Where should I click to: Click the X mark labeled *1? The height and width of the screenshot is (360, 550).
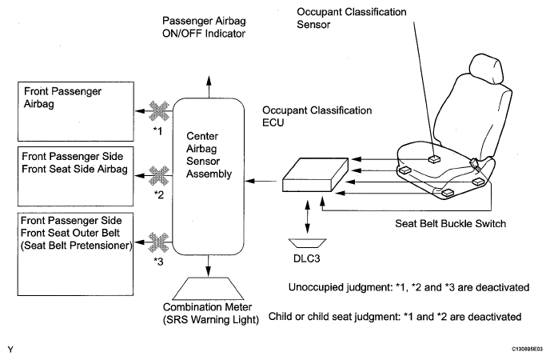[x=159, y=111]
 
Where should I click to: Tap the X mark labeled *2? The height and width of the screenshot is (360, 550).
[x=159, y=175]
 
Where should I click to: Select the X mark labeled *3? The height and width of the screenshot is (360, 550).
[x=159, y=242]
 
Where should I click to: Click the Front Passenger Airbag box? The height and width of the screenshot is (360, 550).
[x=76, y=111]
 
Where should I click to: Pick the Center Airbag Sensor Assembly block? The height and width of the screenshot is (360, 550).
[x=209, y=177]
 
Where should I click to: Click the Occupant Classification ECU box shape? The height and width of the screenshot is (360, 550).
[x=315, y=174]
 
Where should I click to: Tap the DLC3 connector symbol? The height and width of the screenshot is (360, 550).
[x=307, y=243]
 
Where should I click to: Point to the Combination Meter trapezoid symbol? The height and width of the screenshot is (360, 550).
[x=209, y=289]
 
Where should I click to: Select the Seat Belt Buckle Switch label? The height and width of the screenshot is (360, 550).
[x=450, y=223]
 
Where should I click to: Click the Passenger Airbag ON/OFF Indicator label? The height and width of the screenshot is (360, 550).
[x=204, y=27]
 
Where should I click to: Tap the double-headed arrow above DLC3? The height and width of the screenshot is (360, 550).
[x=308, y=217]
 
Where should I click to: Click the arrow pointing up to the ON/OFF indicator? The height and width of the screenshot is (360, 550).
[x=209, y=86]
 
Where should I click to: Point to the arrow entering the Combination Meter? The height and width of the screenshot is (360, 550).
[x=209, y=266]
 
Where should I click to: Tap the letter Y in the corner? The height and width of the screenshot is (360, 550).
[x=10, y=350]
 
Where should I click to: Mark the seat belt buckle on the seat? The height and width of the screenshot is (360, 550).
[x=474, y=163]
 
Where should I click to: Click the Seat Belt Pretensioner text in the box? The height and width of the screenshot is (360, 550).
[x=77, y=246]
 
